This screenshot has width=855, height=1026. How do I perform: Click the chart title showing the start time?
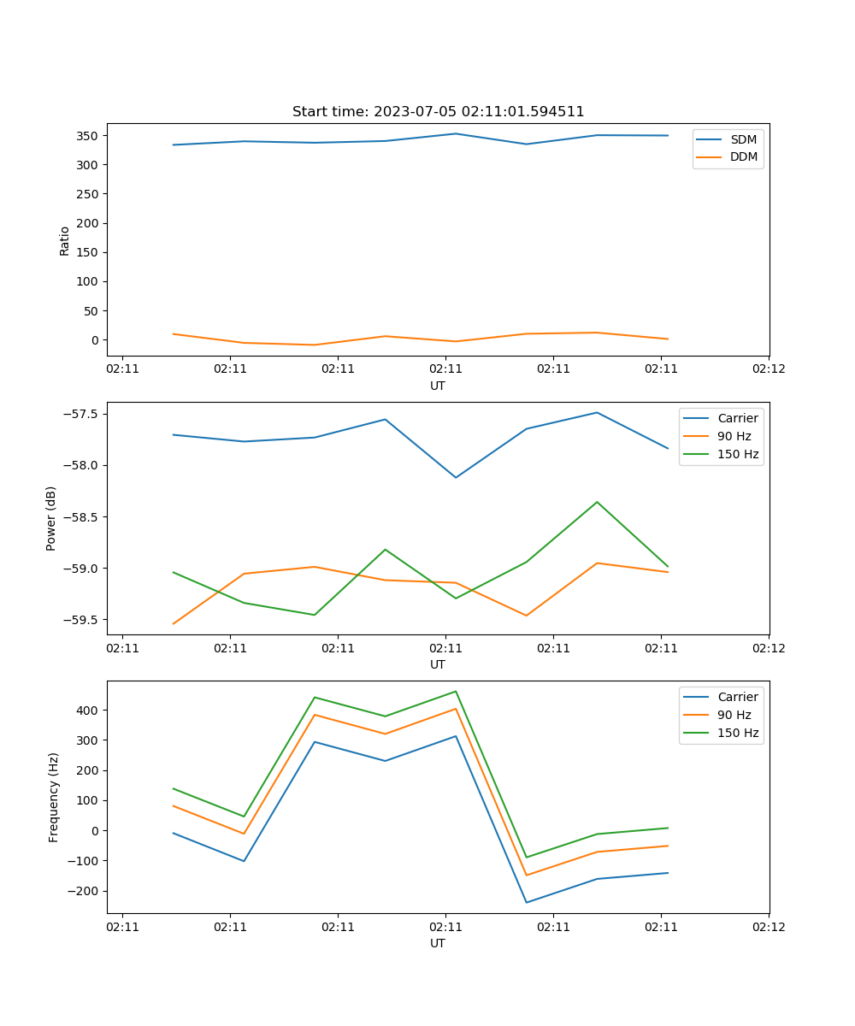438,112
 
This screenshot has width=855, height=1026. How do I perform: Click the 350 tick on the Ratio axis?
88,136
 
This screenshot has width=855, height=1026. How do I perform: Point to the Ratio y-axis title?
65,240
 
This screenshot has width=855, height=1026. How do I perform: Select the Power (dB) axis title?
51,518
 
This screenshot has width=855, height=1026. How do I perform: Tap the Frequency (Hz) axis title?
54,797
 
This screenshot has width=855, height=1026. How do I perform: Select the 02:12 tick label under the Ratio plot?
768,369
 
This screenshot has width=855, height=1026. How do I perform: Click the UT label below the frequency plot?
438,943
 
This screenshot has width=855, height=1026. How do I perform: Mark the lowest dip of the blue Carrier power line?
456,477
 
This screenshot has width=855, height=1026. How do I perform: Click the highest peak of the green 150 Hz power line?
597,502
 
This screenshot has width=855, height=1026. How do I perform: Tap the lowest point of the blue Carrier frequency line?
527,902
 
